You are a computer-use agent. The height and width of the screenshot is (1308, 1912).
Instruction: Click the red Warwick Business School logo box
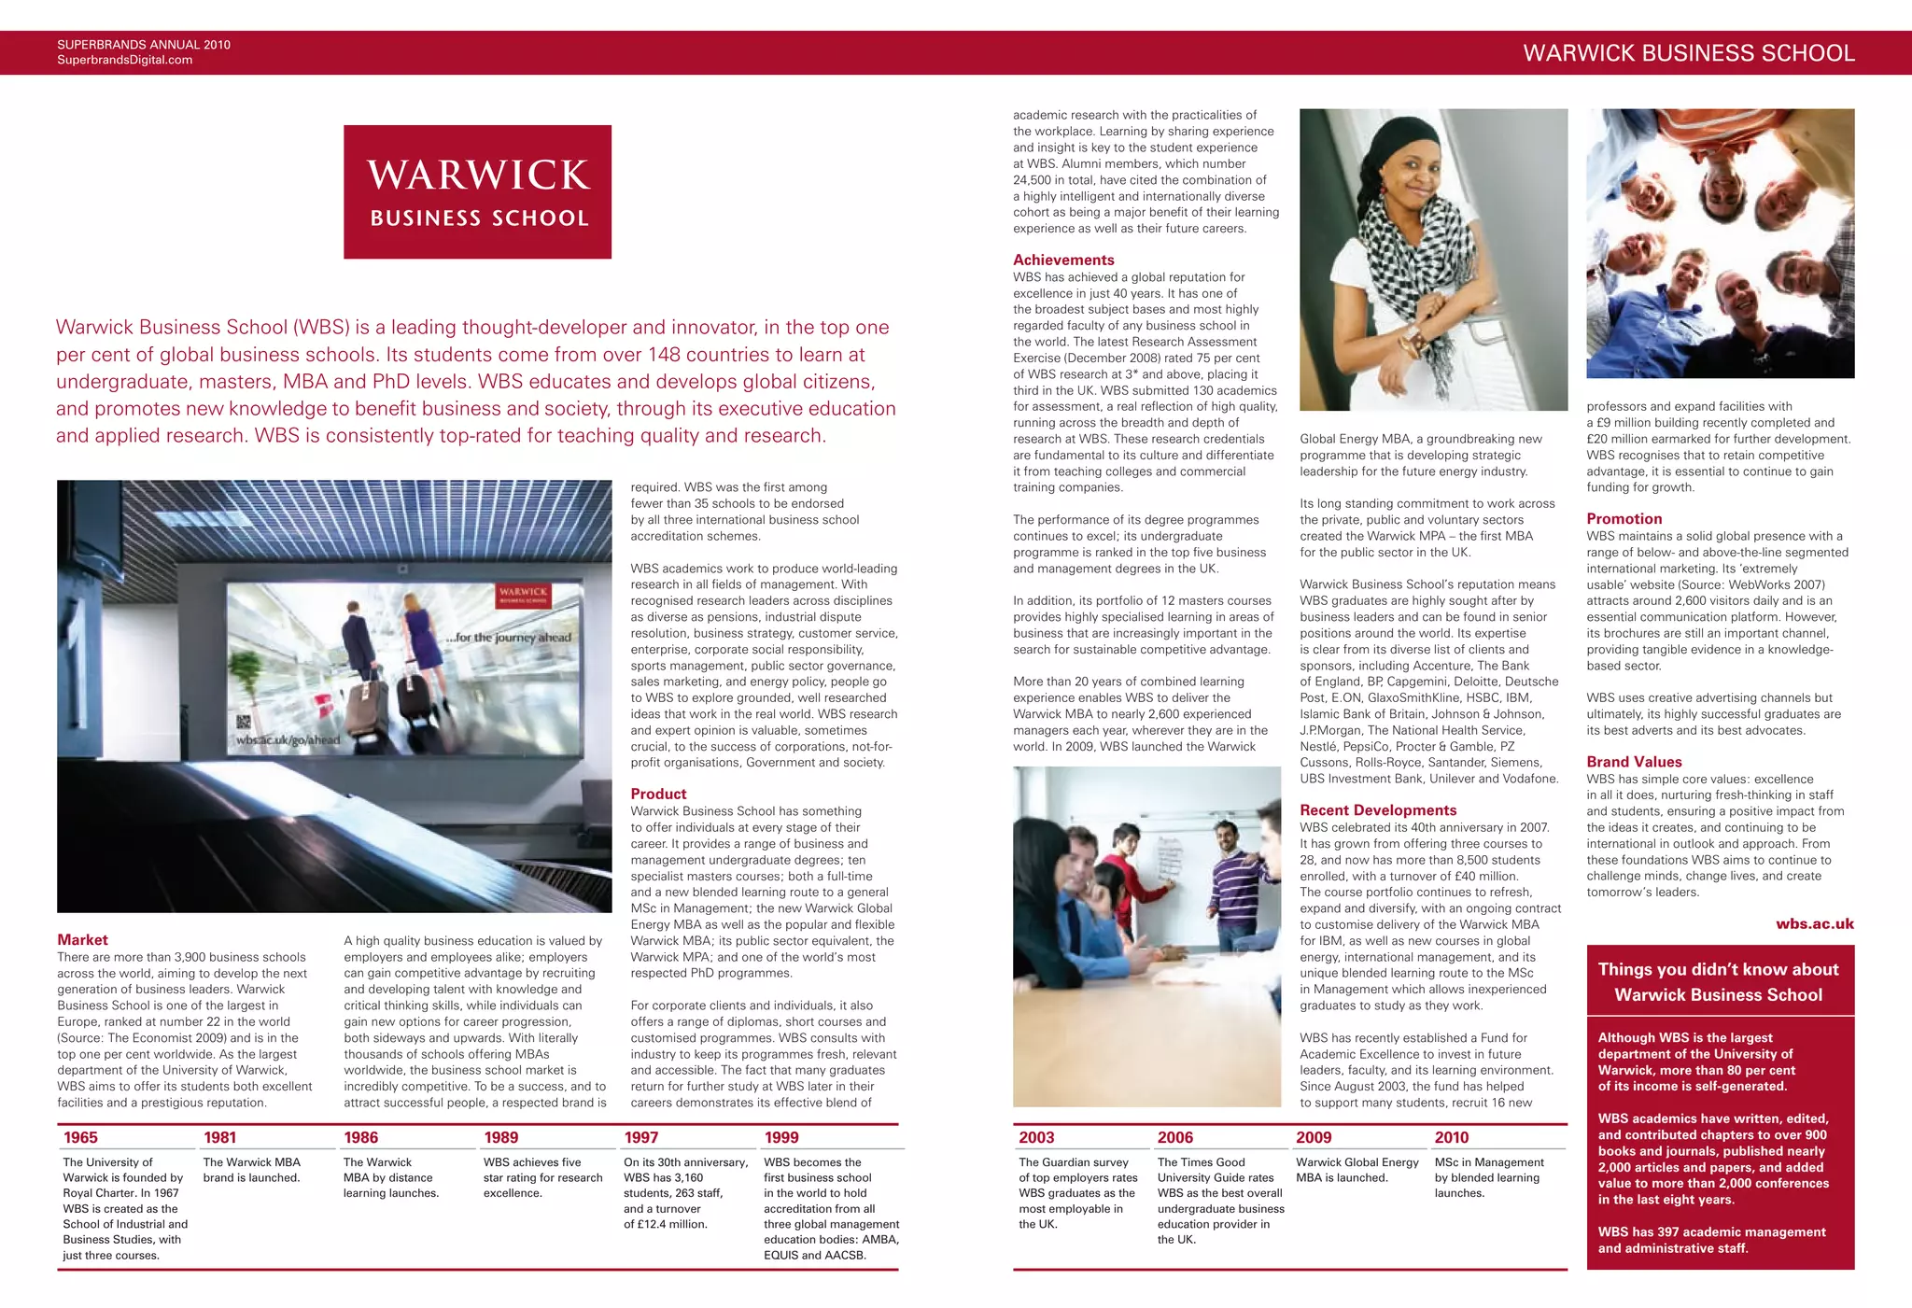click(477, 191)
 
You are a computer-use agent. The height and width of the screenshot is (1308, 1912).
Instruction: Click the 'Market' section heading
click(82, 939)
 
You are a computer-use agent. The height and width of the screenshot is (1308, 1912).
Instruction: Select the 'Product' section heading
click(658, 794)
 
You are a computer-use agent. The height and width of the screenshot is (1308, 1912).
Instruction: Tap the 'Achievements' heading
click(1063, 260)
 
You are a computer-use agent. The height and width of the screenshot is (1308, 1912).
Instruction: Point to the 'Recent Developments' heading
click(1378, 809)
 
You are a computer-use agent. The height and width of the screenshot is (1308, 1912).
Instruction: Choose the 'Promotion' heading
click(1624, 518)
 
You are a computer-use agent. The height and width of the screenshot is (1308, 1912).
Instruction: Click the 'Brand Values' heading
click(1634, 761)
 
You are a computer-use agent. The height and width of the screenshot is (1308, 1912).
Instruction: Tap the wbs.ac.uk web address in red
click(1814, 923)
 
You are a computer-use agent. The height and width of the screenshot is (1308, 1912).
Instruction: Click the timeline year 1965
click(80, 1137)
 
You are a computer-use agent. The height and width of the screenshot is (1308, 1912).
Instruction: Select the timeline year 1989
click(500, 1137)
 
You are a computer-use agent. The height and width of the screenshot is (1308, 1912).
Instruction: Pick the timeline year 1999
click(781, 1137)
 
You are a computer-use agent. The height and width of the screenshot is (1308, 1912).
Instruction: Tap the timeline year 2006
click(1174, 1137)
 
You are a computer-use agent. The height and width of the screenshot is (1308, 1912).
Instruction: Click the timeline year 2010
click(1451, 1137)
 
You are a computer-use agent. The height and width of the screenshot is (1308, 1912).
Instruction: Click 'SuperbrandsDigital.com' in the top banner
click(124, 60)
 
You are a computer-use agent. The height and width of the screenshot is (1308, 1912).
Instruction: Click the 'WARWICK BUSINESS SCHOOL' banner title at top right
click(1688, 53)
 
